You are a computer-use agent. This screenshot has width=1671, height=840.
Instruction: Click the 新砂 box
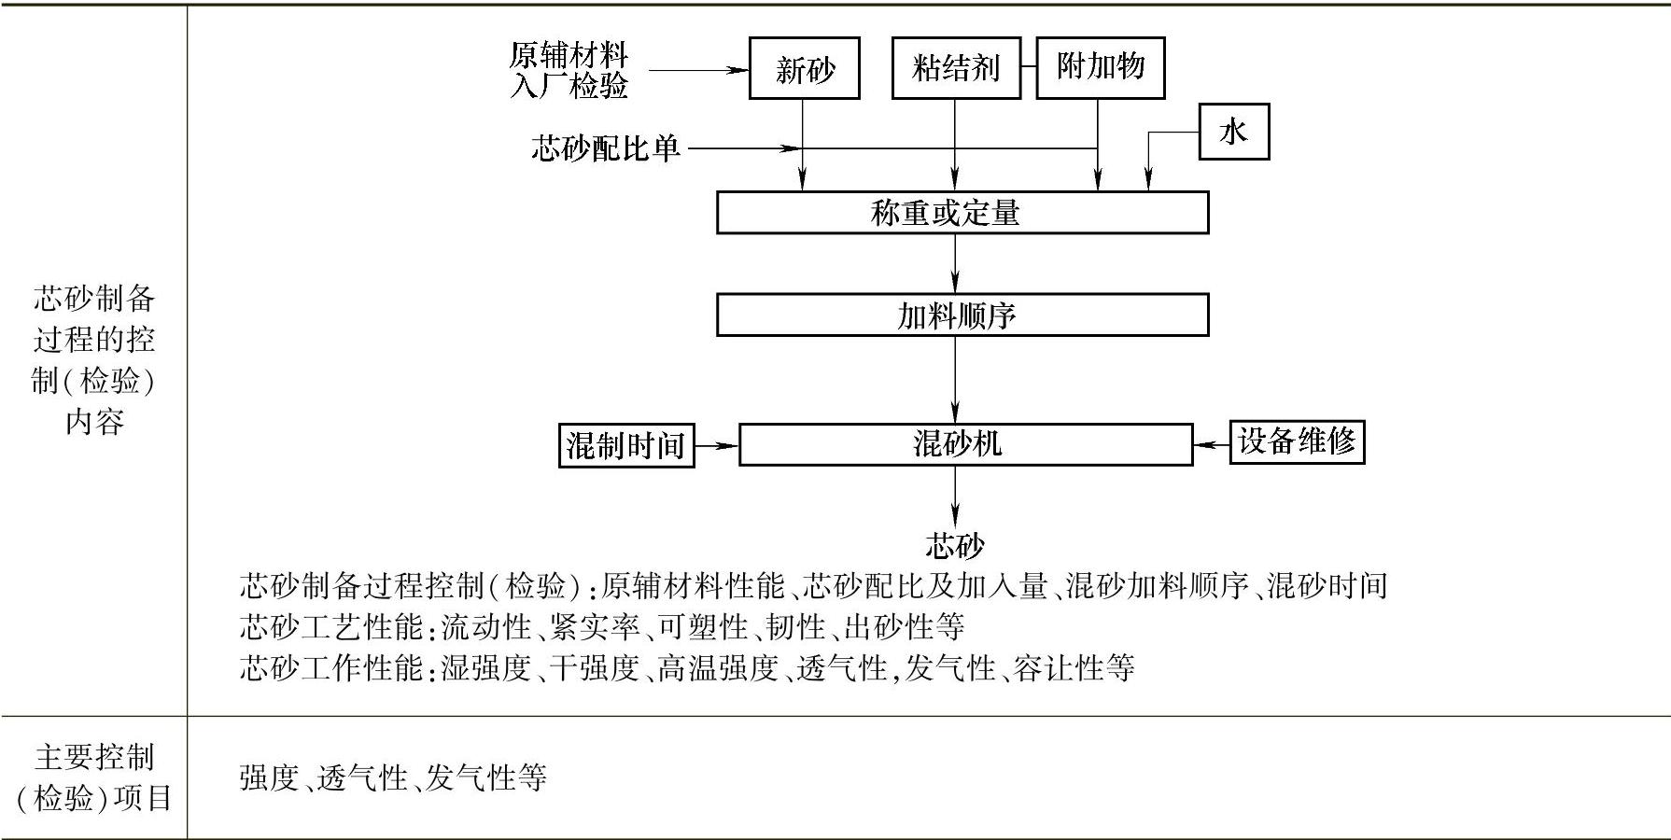[x=804, y=68]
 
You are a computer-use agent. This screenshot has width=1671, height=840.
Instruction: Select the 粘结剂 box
[x=955, y=68]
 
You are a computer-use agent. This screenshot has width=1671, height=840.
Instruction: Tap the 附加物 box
[x=1100, y=67]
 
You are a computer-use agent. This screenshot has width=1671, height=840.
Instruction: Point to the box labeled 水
[x=1233, y=132]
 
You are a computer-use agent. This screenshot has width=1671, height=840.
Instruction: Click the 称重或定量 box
[x=962, y=213]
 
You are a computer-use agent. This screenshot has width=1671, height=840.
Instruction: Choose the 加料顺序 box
[x=962, y=315]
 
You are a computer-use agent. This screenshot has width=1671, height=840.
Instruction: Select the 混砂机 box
[x=965, y=444]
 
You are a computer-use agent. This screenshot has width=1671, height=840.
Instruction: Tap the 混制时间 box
[x=625, y=445]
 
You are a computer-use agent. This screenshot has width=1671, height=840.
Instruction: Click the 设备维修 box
[x=1296, y=441]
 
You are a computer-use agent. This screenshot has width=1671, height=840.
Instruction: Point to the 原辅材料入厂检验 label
[x=569, y=70]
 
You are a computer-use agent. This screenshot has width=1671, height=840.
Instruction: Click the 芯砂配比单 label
[x=606, y=148]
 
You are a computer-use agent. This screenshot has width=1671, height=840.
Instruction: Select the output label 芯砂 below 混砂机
[x=954, y=545]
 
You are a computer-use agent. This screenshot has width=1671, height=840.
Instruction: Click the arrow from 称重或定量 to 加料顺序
[x=955, y=263]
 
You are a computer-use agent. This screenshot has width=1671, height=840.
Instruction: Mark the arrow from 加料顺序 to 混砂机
[x=955, y=378]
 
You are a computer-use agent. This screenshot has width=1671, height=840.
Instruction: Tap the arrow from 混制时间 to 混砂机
[x=716, y=445]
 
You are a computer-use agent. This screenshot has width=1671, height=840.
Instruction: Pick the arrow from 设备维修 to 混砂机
[x=1211, y=444]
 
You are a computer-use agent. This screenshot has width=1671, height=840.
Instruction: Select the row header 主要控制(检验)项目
[x=93, y=777]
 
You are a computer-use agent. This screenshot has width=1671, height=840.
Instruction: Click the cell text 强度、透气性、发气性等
[x=392, y=777]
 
